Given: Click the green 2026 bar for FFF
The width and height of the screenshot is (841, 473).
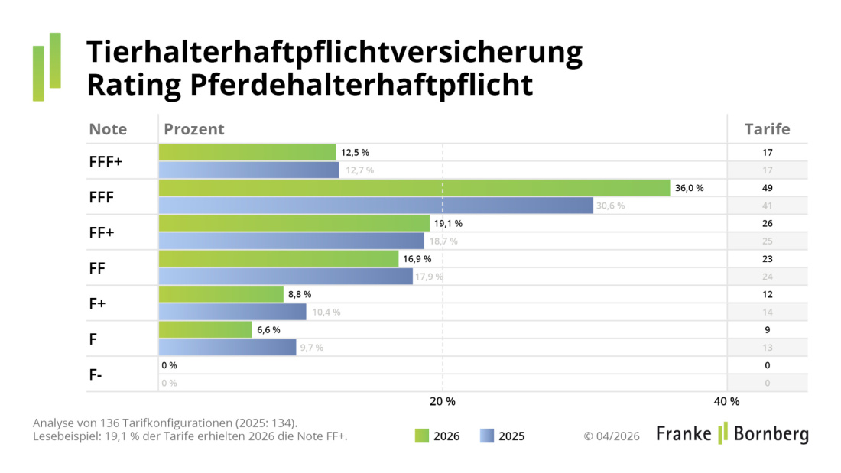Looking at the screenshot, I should click(x=413, y=188).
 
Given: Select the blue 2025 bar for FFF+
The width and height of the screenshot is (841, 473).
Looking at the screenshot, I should click(x=248, y=170).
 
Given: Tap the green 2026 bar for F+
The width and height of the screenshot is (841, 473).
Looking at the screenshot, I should click(x=220, y=294).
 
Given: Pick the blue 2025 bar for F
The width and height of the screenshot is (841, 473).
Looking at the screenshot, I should click(x=227, y=348).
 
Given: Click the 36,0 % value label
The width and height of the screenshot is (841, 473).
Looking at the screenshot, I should click(x=689, y=188).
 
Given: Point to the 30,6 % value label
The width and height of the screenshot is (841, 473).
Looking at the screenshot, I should click(x=610, y=206).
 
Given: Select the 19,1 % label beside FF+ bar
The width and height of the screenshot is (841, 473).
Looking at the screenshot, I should click(x=448, y=224).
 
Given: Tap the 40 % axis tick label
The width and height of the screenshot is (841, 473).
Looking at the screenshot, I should click(x=726, y=402).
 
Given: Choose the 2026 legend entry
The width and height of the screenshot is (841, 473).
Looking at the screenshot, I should click(x=438, y=436).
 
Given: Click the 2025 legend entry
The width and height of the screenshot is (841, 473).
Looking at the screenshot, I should click(x=502, y=436).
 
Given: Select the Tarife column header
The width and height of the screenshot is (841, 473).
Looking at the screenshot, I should click(x=767, y=129).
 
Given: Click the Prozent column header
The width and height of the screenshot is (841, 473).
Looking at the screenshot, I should click(x=194, y=129).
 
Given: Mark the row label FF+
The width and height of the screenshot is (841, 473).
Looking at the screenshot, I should click(x=102, y=232).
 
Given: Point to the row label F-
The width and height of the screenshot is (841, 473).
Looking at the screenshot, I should click(x=96, y=375).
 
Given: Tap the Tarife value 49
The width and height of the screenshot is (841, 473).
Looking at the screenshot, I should click(x=767, y=188).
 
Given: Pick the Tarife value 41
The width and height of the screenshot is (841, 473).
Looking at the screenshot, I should click(x=767, y=206).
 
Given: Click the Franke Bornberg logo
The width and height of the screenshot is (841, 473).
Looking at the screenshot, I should click(x=732, y=434).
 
